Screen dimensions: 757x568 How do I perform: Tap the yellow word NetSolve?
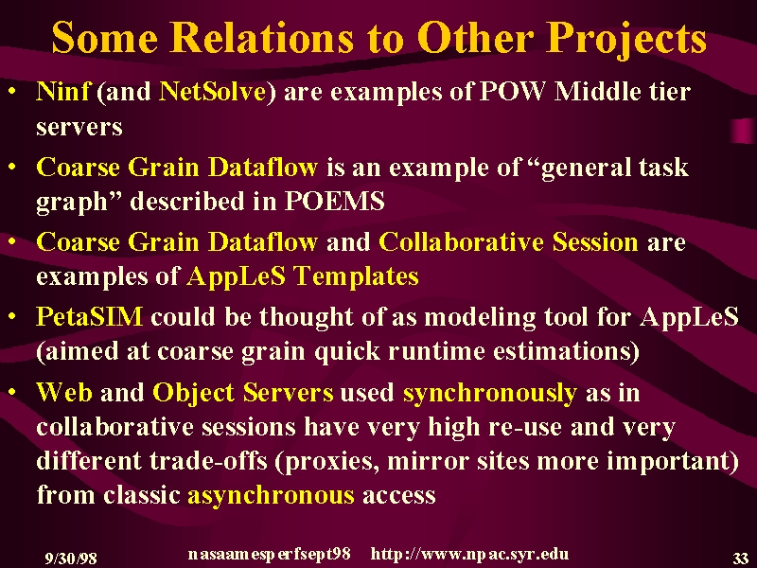(x=212, y=91)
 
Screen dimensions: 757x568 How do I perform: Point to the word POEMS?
(x=335, y=201)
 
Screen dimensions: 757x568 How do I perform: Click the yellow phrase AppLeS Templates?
(x=303, y=277)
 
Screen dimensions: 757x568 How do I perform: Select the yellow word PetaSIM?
(x=89, y=317)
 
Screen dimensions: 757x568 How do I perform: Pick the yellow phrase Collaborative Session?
(x=508, y=241)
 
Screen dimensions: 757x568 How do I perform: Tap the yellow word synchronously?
(x=490, y=394)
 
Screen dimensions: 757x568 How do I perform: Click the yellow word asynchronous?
(x=271, y=495)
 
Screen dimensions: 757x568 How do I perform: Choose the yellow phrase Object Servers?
(x=243, y=393)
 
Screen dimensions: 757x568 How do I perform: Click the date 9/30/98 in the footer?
(x=71, y=559)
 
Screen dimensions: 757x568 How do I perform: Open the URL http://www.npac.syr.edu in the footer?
(x=469, y=554)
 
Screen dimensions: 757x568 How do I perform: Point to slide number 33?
(x=740, y=559)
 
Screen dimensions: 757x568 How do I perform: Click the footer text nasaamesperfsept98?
(x=270, y=554)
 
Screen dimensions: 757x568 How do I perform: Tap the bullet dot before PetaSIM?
(x=12, y=317)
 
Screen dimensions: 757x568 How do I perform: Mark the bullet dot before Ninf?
(x=12, y=91)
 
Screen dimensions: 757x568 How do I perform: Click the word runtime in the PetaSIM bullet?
(x=436, y=351)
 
